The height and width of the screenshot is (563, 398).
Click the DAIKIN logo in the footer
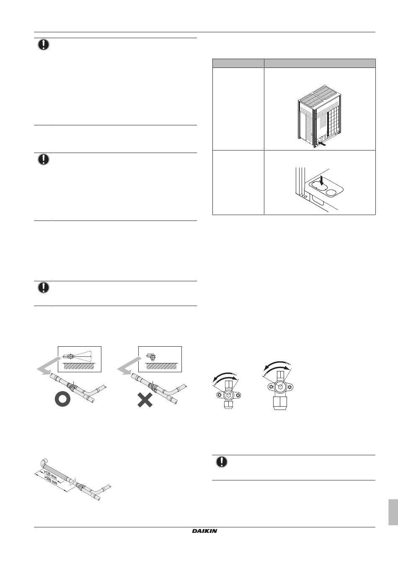click(x=204, y=531)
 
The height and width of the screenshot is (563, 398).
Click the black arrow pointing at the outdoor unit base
click(x=324, y=145)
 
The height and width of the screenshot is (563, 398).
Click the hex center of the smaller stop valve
click(x=228, y=395)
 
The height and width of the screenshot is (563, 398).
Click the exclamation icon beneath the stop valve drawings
click(x=222, y=462)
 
